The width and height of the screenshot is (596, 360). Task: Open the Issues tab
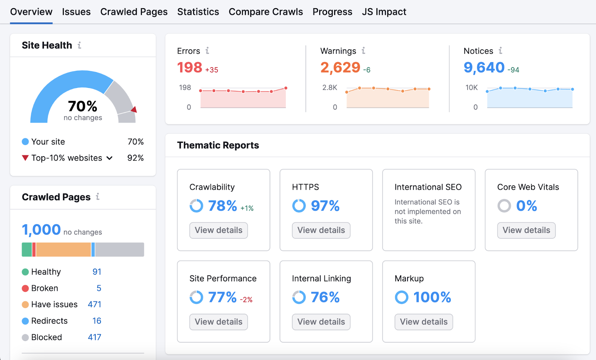coord(76,12)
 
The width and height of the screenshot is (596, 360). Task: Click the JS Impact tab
coord(384,12)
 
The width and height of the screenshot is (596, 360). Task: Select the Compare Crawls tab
coord(266,12)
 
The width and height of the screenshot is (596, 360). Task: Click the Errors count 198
coord(190,67)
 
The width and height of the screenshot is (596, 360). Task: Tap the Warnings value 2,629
coord(340,67)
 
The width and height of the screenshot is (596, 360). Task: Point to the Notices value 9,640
coord(484,67)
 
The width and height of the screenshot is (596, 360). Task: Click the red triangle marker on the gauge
coord(134,110)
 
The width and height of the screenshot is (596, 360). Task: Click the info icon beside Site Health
coord(79,45)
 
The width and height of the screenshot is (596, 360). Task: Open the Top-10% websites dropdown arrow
coord(110,158)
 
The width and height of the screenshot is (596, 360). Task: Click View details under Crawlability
coord(218,230)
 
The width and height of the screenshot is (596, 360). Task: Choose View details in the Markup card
coord(424,322)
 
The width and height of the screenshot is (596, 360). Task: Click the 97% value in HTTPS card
coord(325,206)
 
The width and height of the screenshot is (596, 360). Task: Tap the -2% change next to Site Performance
coord(246,300)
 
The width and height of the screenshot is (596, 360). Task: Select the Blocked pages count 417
coord(95,337)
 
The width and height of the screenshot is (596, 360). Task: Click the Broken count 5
coord(99,288)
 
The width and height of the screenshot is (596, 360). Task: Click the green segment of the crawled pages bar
coord(27,250)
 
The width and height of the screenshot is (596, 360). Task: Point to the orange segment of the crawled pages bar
coord(63,250)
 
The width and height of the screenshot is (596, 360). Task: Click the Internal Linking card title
coord(321,278)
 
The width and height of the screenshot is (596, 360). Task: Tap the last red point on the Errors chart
coord(286,88)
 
